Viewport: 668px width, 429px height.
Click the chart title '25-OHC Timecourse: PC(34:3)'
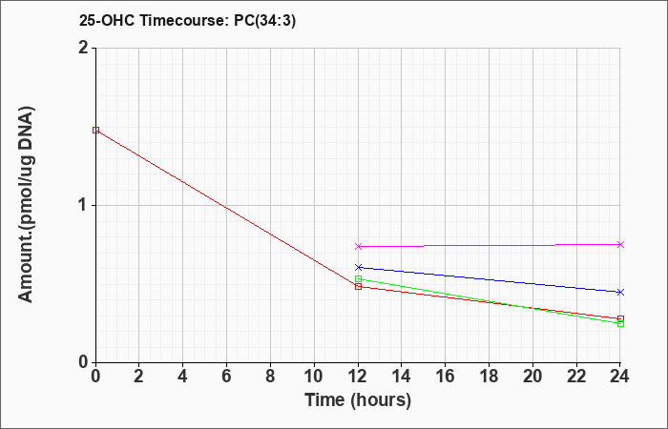point(187,20)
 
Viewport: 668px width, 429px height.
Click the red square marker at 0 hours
point(95,131)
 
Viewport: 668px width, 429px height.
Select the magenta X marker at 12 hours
point(358,246)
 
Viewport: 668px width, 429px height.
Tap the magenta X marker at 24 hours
point(620,244)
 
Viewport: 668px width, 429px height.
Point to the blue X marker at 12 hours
point(358,267)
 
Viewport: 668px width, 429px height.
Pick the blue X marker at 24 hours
point(620,292)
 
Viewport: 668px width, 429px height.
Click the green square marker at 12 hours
point(358,278)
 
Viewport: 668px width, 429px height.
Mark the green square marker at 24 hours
point(620,323)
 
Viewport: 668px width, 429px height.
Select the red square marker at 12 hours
point(358,287)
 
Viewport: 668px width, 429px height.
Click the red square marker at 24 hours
point(620,318)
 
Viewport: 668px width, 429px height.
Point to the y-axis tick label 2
point(84,48)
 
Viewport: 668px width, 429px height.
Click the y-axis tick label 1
point(84,206)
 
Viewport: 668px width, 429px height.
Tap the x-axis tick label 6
point(227,377)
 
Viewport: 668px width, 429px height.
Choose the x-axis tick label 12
point(358,377)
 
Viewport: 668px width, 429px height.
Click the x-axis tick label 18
point(490,377)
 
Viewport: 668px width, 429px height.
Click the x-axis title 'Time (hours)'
point(358,400)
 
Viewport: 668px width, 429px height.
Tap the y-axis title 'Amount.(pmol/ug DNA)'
point(27,205)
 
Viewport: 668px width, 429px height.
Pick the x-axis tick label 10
point(314,377)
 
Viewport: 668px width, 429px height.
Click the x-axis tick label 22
point(576,377)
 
